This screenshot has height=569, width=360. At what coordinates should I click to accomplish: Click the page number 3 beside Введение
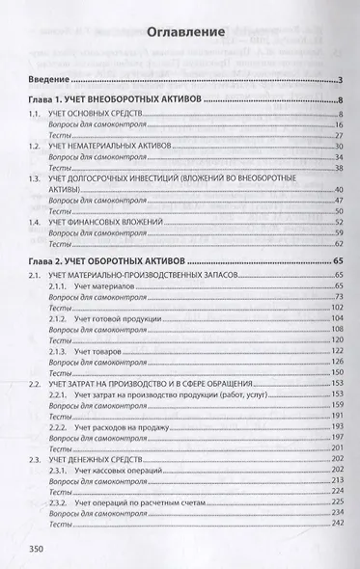pyautogui.click(x=343, y=78)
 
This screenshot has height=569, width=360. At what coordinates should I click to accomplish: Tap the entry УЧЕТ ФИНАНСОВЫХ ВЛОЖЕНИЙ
pyautogui.click(x=113, y=222)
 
